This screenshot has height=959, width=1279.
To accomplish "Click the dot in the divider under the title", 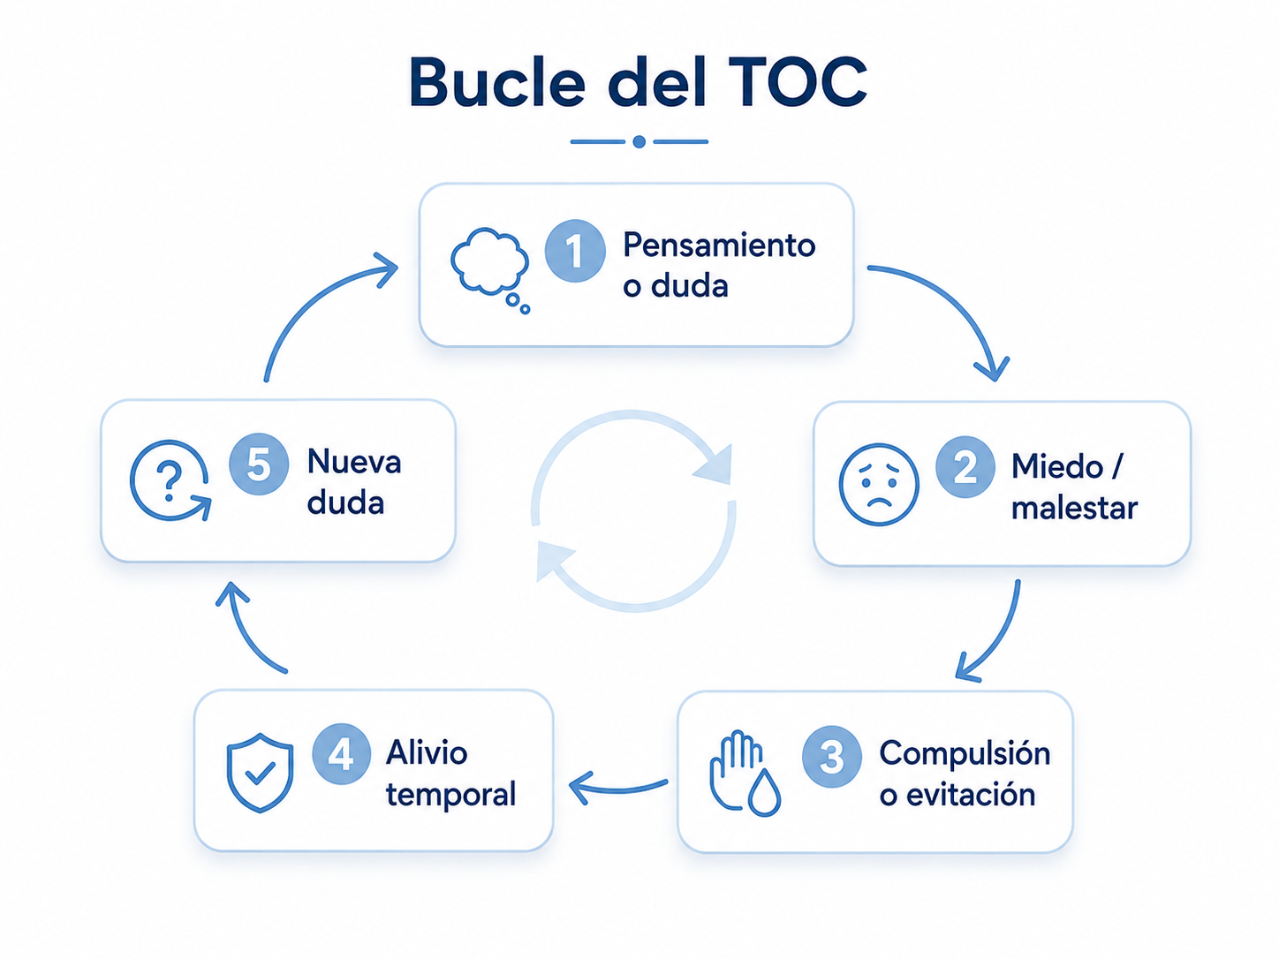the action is [x=639, y=141].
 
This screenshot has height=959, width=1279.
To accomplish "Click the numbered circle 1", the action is [x=575, y=251].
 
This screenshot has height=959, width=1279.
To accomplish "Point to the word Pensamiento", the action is [x=719, y=245].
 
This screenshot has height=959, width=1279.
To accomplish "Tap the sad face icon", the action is [x=879, y=485].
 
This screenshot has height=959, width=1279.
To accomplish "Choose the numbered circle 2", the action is [x=965, y=467].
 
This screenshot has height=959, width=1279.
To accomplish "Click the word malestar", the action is [x=1074, y=509].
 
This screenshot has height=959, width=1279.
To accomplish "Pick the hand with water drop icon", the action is [x=745, y=773].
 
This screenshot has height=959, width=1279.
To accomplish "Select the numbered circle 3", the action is [x=831, y=757].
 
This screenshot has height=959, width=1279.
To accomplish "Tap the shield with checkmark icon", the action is [x=260, y=773].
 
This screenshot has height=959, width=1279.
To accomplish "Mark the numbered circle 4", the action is [x=342, y=755].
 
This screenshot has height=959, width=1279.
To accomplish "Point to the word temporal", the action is [x=451, y=795].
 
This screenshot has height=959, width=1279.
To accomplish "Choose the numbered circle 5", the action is [x=259, y=464].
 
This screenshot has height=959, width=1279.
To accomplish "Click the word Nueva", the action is [x=354, y=463].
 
